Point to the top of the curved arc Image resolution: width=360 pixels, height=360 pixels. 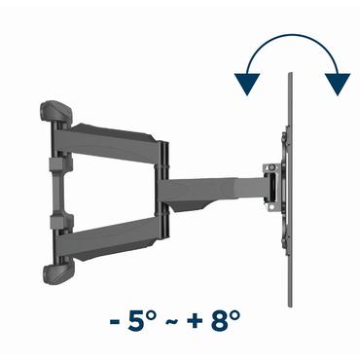[292, 41]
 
